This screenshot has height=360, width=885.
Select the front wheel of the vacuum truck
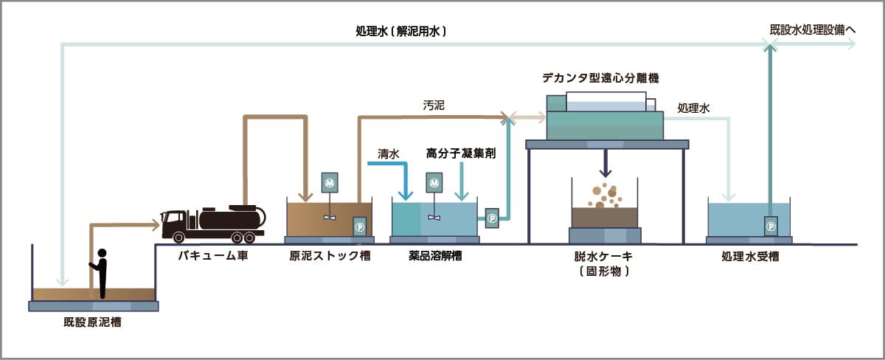pyautogui.click(x=179, y=237)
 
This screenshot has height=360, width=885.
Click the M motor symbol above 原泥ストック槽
pyautogui.click(x=330, y=181)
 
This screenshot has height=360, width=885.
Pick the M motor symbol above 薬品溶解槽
pyautogui.click(x=434, y=181)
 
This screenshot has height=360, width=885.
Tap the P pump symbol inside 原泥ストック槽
pyautogui.click(x=360, y=226)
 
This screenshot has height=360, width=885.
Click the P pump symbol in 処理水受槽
pyautogui.click(x=771, y=226)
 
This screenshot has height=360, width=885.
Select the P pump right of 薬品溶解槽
pyautogui.click(x=491, y=217)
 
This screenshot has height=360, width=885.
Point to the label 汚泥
pyautogui.click(x=434, y=105)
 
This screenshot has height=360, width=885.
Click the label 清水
pyautogui.click(x=389, y=154)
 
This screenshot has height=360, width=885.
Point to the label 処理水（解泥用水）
pyautogui.click(x=401, y=32)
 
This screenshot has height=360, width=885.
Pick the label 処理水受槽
pyautogui.click(x=750, y=257)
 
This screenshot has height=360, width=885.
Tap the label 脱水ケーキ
pyautogui.click(x=604, y=257)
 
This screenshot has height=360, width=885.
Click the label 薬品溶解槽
pyautogui.click(x=435, y=257)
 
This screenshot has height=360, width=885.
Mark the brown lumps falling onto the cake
pyautogui.click(x=605, y=195)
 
